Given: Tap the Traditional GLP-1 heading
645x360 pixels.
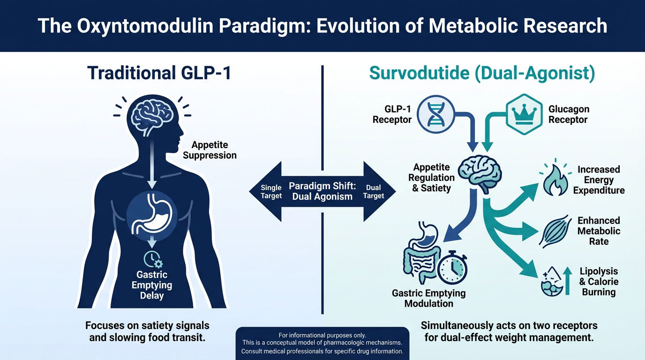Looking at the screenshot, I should (x=159, y=74).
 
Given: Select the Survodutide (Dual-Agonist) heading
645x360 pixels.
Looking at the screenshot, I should (x=482, y=74).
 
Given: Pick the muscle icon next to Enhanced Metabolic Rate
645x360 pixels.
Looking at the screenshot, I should (x=555, y=231).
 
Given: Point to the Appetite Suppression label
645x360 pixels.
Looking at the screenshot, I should (x=210, y=150).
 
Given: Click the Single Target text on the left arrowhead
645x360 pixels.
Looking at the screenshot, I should (x=271, y=192).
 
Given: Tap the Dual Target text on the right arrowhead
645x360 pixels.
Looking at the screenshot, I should (x=373, y=192).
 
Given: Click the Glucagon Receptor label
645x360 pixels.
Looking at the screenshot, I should (x=568, y=114).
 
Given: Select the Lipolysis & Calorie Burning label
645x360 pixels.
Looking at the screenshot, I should (x=599, y=282).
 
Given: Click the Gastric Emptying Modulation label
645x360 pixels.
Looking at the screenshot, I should (x=429, y=298).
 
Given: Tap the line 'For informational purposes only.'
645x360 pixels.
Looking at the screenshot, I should (x=322, y=335).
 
